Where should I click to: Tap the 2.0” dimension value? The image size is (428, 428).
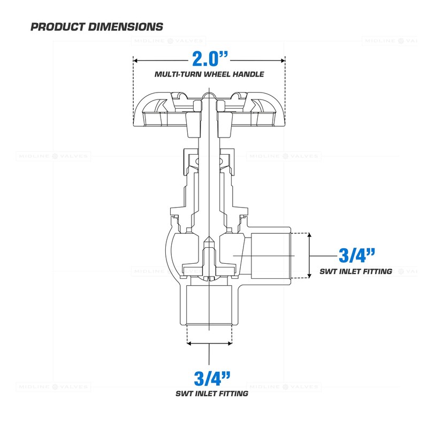(x=209, y=58)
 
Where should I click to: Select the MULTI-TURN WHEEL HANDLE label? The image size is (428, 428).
(x=209, y=74)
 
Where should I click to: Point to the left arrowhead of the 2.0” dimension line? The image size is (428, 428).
(x=135, y=59)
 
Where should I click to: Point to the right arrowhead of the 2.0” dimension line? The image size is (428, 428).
(x=283, y=59)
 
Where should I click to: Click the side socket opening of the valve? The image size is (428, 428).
(x=270, y=255)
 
